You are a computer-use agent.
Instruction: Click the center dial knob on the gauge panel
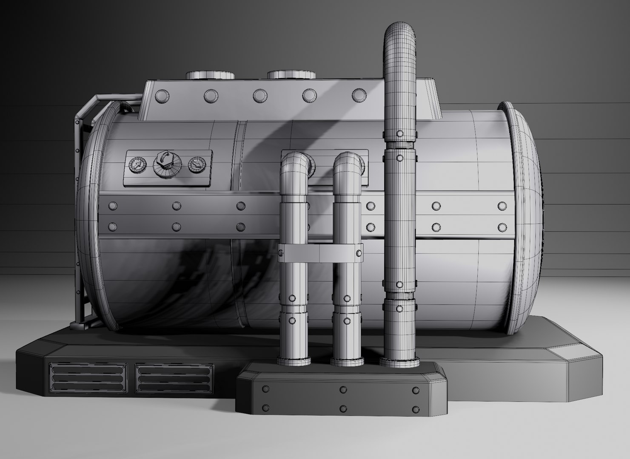[166, 164]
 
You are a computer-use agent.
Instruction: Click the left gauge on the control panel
[136, 164]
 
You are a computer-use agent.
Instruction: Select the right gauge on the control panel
[196, 164]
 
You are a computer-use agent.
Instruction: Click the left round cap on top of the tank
[210, 75]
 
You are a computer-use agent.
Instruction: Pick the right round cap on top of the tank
[291, 75]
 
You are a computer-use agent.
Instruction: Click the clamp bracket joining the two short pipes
[320, 253]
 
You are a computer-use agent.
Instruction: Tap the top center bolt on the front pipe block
[343, 389]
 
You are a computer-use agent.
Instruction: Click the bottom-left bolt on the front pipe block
[266, 408]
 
